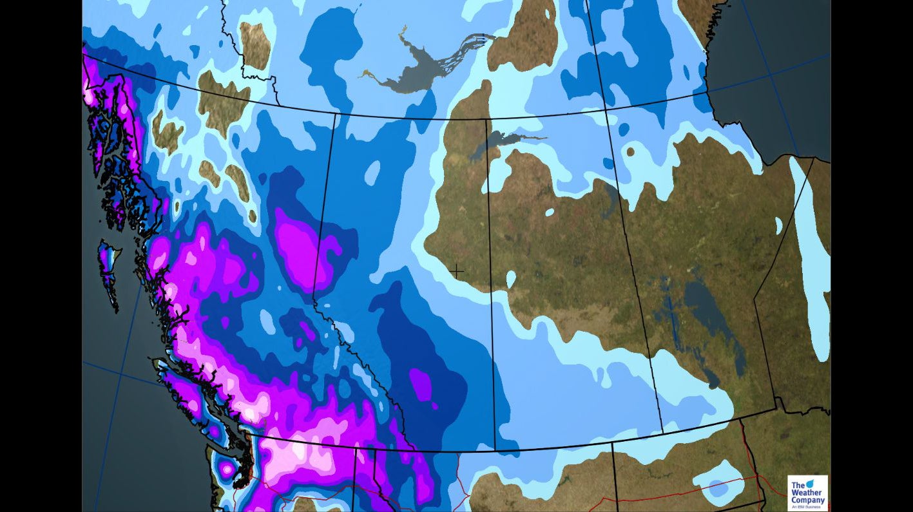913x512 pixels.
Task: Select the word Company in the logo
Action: (808, 500)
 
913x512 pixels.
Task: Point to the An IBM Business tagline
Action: (807, 507)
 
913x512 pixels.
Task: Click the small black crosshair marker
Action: (457, 272)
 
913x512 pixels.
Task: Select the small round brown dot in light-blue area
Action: (629, 153)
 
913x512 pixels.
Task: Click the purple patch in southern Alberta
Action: (421, 383)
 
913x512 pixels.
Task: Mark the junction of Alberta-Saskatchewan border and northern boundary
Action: (486, 119)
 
